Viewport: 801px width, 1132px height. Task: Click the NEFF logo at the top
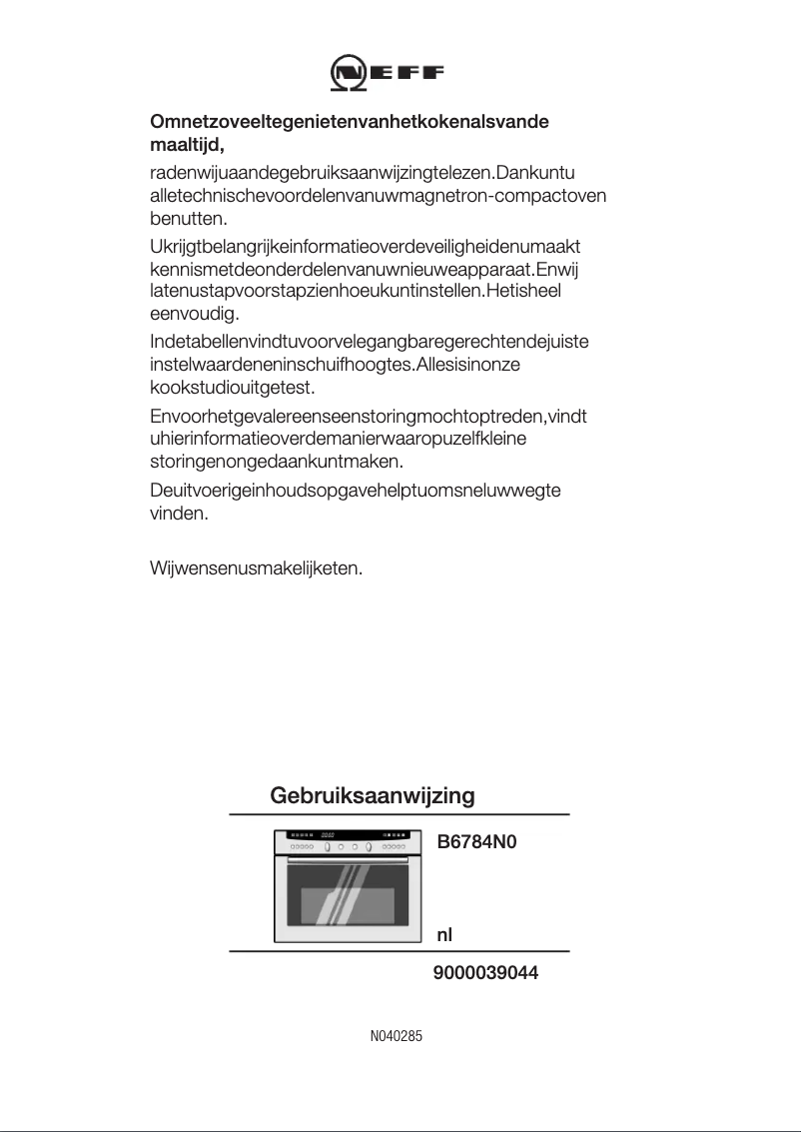click(388, 73)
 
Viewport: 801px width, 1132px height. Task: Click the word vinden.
click(179, 515)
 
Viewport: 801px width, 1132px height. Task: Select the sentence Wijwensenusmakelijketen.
click(256, 568)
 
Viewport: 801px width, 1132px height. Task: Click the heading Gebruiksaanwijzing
click(372, 796)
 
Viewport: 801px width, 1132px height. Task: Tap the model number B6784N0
click(477, 842)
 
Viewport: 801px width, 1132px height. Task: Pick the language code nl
click(445, 935)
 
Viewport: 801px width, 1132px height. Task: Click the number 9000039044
click(485, 972)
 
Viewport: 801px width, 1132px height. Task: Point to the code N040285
click(397, 1037)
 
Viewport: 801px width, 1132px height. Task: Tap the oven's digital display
click(327, 835)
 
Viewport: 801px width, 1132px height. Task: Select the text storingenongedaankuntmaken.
click(276, 463)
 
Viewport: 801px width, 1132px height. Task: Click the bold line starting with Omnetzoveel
click(350, 122)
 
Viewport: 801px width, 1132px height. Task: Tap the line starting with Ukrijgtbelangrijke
click(366, 246)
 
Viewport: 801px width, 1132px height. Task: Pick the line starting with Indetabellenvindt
click(369, 342)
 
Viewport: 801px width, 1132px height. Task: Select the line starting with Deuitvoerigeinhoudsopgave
click(355, 490)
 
